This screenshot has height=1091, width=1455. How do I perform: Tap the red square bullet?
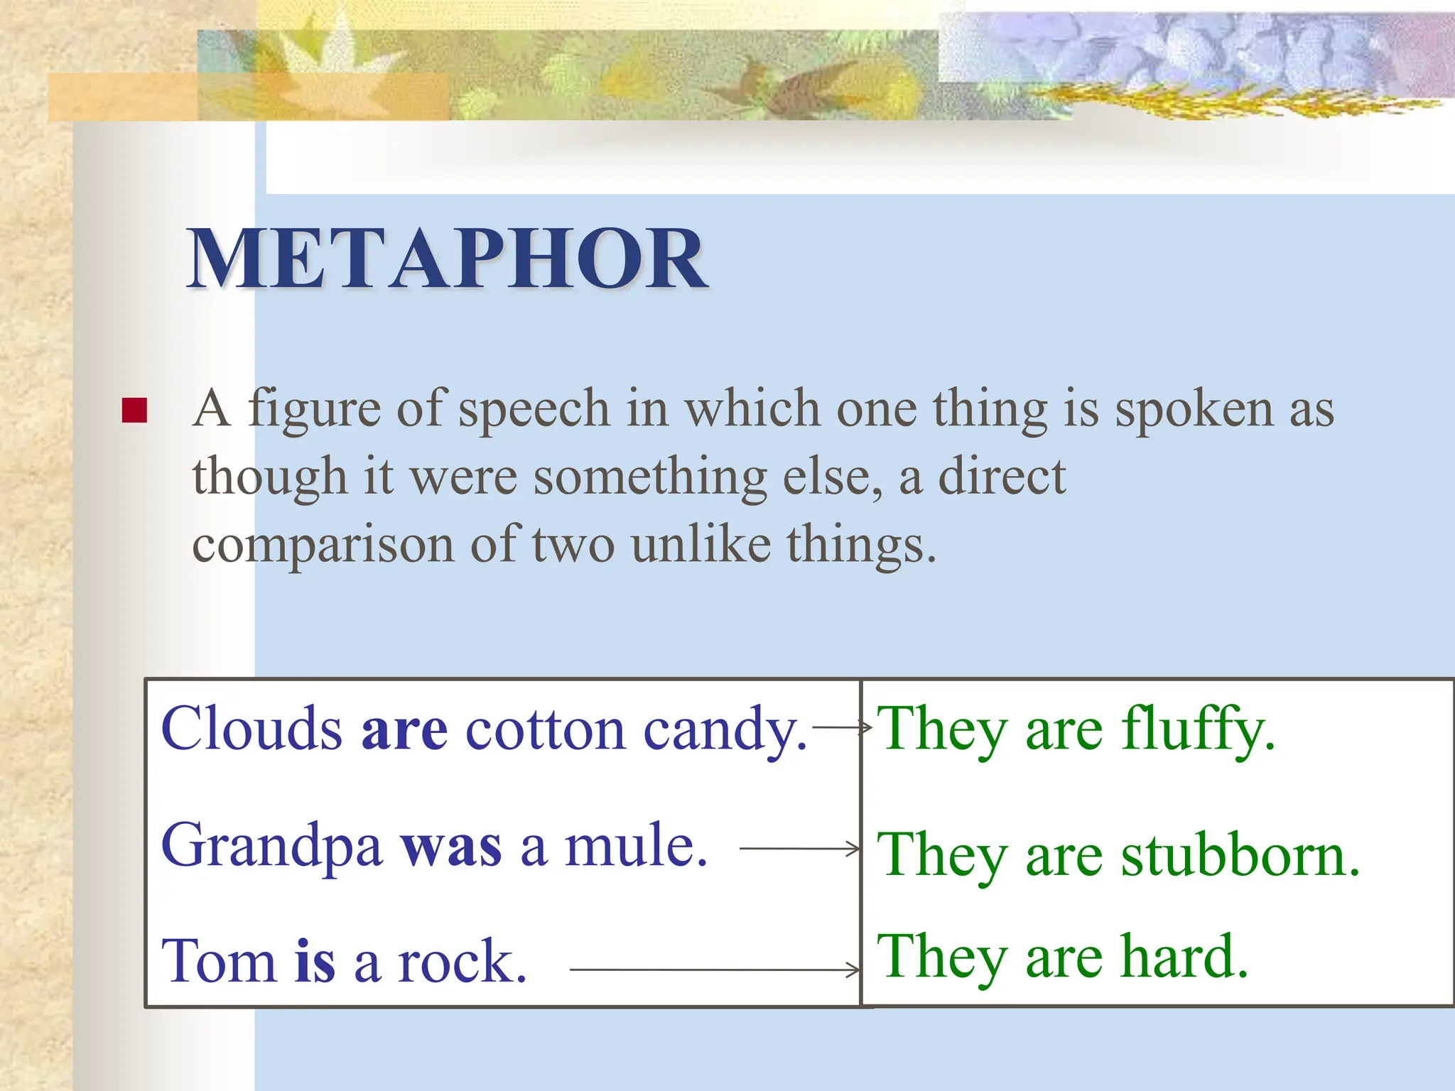pos(134,411)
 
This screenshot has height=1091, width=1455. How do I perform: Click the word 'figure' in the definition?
pos(314,410)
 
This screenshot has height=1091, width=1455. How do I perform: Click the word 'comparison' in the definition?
pos(323,545)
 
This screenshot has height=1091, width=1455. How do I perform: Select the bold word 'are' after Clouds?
pos(404,730)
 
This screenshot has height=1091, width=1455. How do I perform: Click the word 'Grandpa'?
pos(271,847)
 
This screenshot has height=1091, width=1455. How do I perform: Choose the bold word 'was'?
pos(451,847)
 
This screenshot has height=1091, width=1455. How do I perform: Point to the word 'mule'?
pos(635,847)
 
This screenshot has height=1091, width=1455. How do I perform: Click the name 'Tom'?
pos(218,961)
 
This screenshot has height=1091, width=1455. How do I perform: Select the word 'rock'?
pos(462,961)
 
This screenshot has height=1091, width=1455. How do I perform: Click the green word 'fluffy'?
pos(1198,730)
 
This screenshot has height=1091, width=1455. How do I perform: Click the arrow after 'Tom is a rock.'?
pos(714,970)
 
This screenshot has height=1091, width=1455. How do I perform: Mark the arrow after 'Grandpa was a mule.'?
pos(799,849)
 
